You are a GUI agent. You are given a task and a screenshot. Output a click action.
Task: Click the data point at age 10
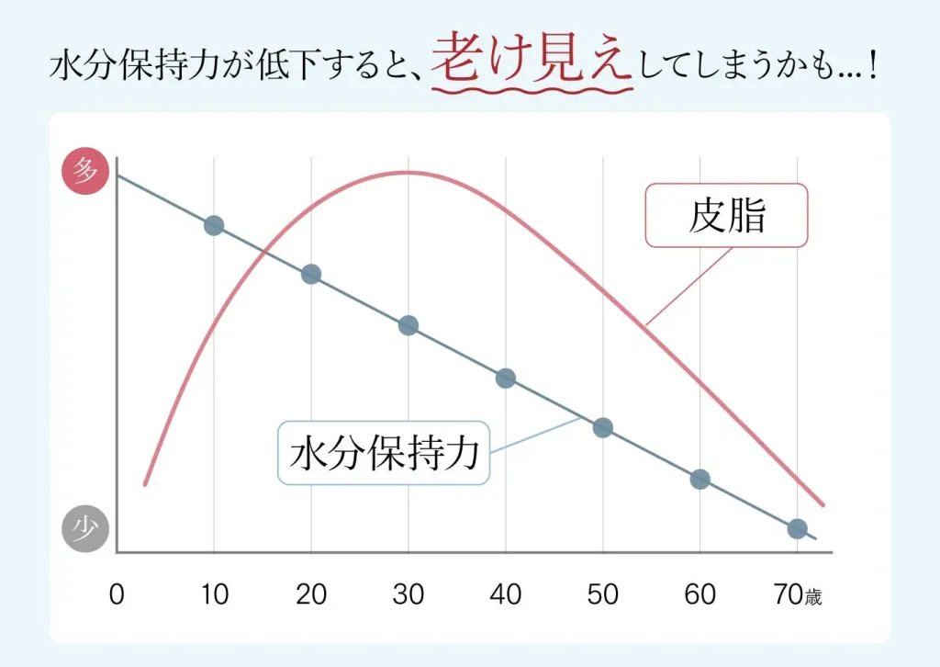click(214, 225)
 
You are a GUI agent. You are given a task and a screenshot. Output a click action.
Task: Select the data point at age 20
click(311, 274)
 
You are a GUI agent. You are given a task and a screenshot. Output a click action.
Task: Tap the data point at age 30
click(408, 325)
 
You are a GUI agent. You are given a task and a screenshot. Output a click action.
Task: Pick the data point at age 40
click(506, 378)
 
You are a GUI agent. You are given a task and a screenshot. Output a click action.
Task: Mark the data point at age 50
click(602, 427)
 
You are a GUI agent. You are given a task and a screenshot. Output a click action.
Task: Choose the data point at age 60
click(699, 479)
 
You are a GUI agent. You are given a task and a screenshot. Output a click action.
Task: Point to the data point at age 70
click(797, 528)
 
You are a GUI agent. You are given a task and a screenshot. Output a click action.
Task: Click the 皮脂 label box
click(726, 216)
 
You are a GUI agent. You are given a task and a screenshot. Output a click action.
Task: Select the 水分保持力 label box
click(384, 453)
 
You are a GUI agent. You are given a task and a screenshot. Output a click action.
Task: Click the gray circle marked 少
click(85, 529)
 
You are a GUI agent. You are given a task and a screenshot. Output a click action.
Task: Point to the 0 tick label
click(117, 594)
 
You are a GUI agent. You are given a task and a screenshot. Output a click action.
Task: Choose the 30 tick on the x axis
click(408, 594)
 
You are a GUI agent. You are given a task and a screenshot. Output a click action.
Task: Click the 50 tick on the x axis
click(602, 594)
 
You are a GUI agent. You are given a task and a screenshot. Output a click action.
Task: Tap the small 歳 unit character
click(813, 597)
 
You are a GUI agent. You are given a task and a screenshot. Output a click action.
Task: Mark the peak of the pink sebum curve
click(405, 172)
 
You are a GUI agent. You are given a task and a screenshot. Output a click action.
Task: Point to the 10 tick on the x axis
click(214, 594)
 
